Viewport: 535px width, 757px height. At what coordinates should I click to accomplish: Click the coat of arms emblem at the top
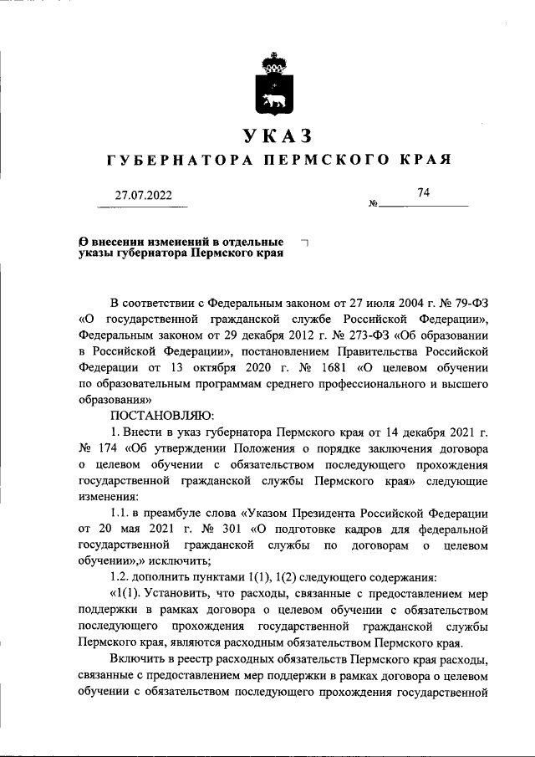click(x=272, y=88)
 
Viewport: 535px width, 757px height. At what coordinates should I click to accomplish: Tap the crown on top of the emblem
click(x=272, y=63)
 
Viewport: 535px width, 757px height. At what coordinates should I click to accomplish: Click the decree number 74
click(x=423, y=193)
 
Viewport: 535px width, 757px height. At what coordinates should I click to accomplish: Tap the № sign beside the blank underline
click(x=373, y=205)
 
